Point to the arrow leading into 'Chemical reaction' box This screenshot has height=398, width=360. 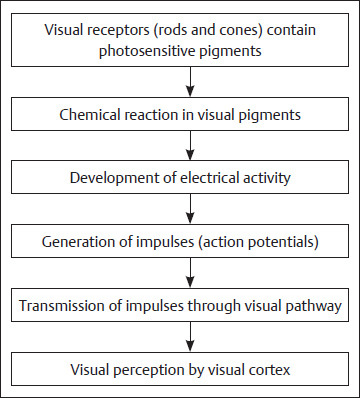[x=180, y=83]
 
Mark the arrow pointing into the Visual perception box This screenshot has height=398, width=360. [x=180, y=337]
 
